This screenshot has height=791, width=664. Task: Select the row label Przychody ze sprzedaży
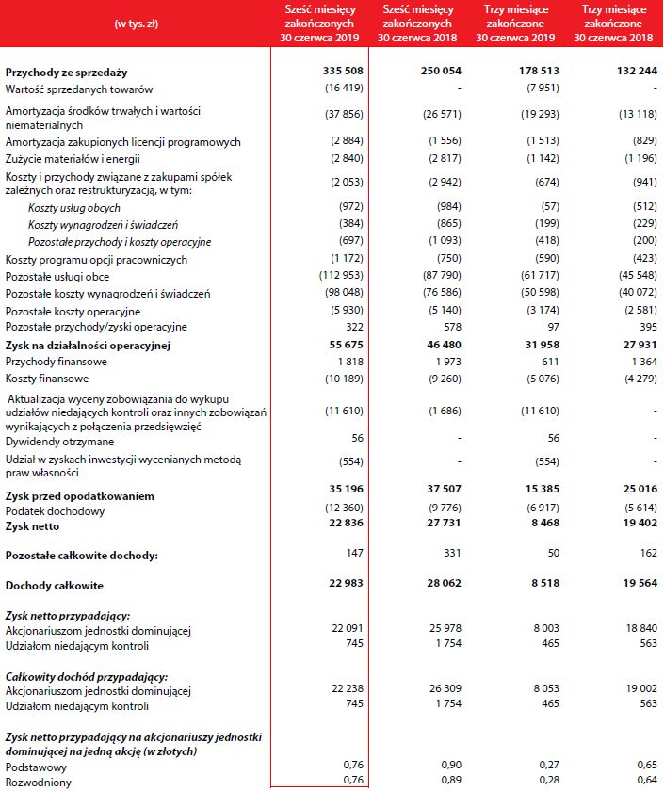[x=66, y=73]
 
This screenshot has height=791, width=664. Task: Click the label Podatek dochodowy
[x=53, y=511]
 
